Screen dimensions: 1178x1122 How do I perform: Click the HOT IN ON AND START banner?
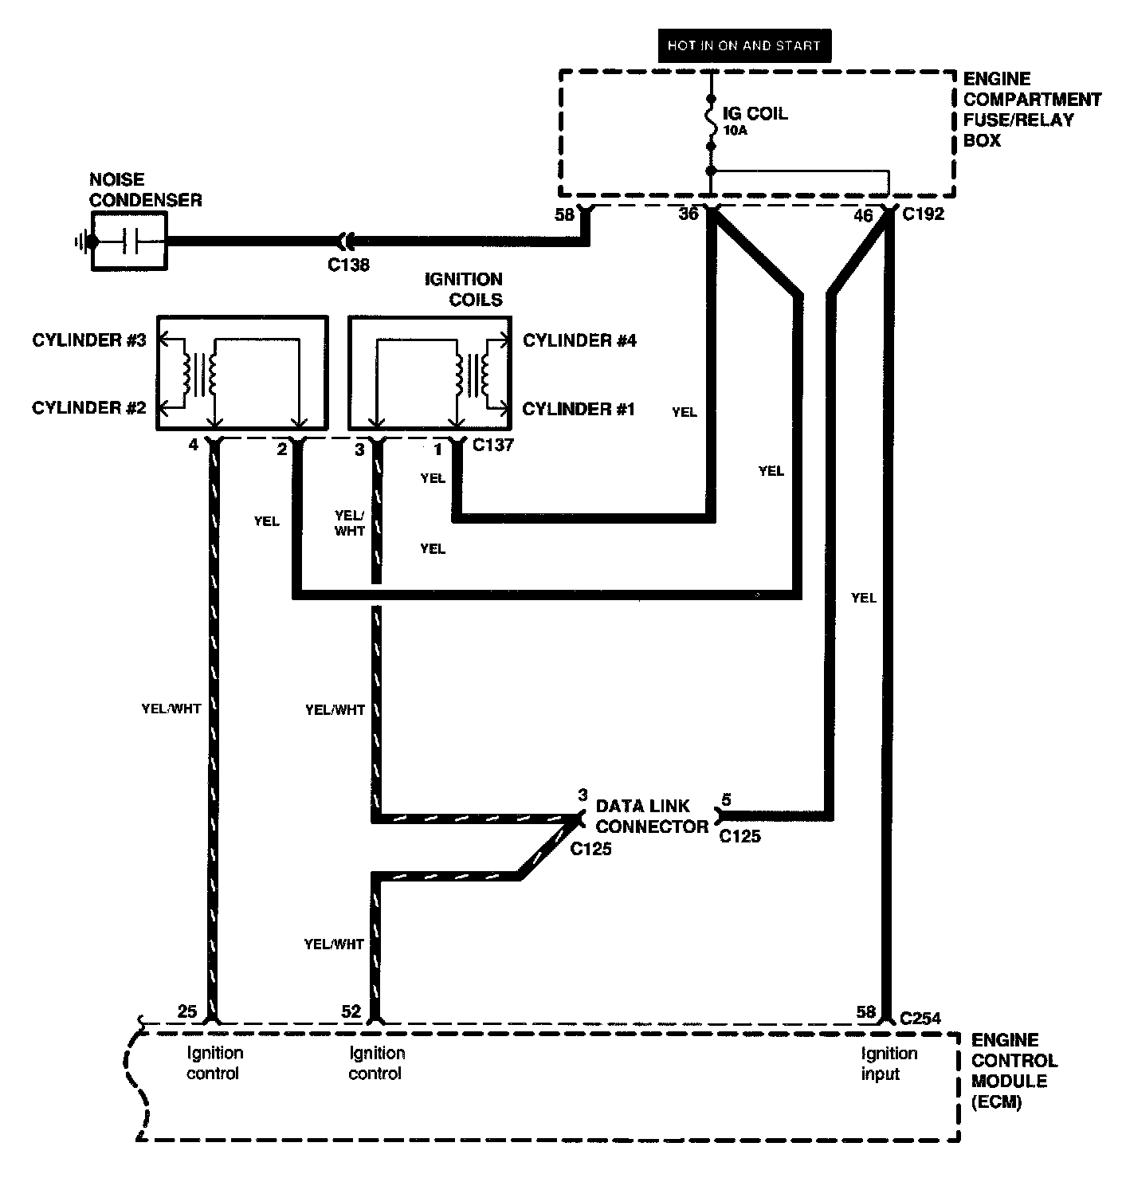pos(743,45)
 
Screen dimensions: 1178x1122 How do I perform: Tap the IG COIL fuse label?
pos(755,113)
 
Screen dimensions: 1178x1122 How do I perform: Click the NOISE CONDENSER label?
pos(145,190)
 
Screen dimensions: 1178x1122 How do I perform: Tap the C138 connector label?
pos(349,265)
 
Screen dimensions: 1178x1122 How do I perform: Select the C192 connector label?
pos(923,214)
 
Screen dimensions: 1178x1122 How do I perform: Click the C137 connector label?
pos(492,445)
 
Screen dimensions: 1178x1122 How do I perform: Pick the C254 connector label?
pos(920,1018)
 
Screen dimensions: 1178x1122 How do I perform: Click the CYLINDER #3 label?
pos(89,340)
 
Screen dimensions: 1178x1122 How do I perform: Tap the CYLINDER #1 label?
pos(579,410)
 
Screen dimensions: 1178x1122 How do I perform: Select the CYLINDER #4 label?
pos(579,341)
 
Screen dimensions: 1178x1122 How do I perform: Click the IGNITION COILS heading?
pos(464,289)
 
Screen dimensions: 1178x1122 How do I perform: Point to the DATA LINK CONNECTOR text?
pos(651,816)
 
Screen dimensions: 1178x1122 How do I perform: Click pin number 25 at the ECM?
pos(187,1011)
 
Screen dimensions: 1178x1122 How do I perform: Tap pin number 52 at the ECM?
pos(351,1011)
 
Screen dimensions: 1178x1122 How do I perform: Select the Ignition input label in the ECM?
pos(889,1063)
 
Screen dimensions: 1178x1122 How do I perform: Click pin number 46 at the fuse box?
pos(863,215)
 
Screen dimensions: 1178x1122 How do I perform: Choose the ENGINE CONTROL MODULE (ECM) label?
pos(1014,1071)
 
